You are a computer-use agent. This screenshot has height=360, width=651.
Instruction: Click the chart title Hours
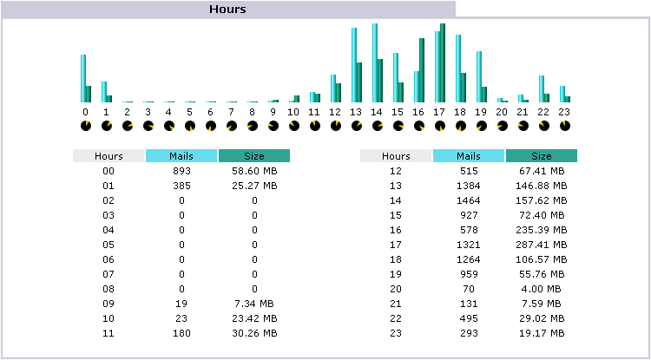pyautogui.click(x=227, y=9)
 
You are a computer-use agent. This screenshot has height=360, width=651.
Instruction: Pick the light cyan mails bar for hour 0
pyautogui.click(x=83, y=79)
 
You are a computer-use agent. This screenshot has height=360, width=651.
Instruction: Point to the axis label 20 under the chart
pyautogui.click(x=502, y=112)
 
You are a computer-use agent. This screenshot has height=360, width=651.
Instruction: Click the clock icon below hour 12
pyautogui.click(x=336, y=126)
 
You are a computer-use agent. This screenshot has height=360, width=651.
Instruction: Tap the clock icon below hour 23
pyautogui.click(x=565, y=126)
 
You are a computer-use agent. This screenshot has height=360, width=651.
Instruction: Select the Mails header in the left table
pyautogui.click(x=181, y=156)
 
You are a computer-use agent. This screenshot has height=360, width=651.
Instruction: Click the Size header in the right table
pyautogui.click(x=542, y=156)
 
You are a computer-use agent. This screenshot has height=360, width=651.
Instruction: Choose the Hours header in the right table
pyautogui.click(x=396, y=156)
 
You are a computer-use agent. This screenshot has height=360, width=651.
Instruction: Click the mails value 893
pyautogui.click(x=181, y=172)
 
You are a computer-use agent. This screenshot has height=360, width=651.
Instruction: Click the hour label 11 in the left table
pyautogui.click(x=108, y=333)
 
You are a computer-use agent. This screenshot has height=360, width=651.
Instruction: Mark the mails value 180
pyautogui.click(x=181, y=333)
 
